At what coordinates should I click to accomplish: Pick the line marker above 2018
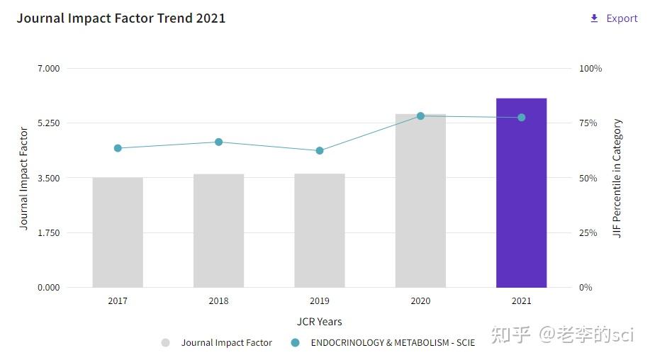[218, 142]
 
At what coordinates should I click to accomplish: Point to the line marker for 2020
[420, 116]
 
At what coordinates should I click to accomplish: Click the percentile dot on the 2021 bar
[521, 117]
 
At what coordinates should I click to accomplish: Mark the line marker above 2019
[320, 150]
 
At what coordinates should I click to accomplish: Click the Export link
[622, 18]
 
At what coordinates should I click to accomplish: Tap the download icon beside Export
[594, 18]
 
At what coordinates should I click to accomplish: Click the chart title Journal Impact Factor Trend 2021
[121, 18]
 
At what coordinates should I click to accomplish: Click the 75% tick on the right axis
[588, 123]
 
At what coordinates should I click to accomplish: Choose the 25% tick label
[588, 232]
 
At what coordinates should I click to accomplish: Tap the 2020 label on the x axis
[420, 300]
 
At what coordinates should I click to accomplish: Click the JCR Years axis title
[319, 322]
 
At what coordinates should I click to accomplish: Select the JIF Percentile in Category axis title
[617, 178]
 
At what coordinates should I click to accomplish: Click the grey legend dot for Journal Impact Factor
[165, 342]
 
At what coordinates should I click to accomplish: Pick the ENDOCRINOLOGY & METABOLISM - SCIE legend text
[393, 342]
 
